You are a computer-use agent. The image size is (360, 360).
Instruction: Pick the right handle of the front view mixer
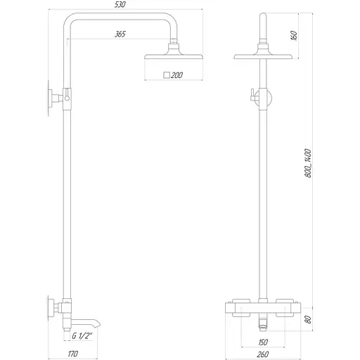(288, 307)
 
